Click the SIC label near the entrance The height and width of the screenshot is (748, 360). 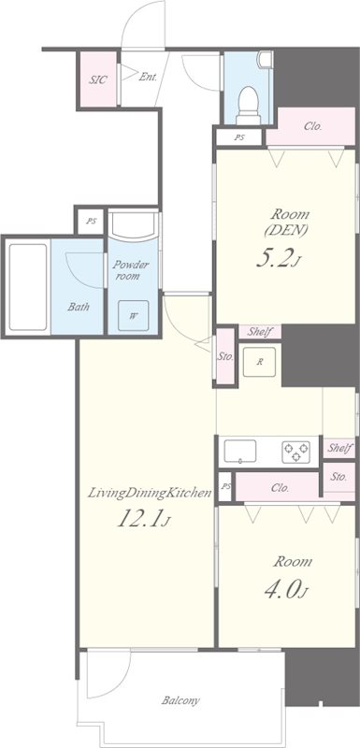(x=97, y=79)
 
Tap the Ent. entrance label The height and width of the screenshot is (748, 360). (x=148, y=77)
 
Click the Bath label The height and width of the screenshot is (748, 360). (x=79, y=307)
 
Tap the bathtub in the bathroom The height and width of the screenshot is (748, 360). (x=29, y=287)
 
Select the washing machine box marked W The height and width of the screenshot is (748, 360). (x=133, y=315)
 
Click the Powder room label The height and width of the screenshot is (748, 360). (x=131, y=270)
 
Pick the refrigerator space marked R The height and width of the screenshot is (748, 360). (x=260, y=362)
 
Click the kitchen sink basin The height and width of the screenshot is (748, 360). (x=239, y=452)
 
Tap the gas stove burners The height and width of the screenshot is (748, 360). (x=295, y=453)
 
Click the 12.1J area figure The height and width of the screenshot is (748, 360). (x=143, y=519)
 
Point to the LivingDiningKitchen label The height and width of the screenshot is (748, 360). (x=150, y=494)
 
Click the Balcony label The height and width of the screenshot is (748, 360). (x=180, y=700)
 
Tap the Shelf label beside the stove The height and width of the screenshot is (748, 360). (x=340, y=449)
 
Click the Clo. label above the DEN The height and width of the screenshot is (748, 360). (x=313, y=127)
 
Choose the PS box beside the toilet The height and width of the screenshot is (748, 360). (x=239, y=137)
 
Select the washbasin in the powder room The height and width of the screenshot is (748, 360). (x=133, y=225)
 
